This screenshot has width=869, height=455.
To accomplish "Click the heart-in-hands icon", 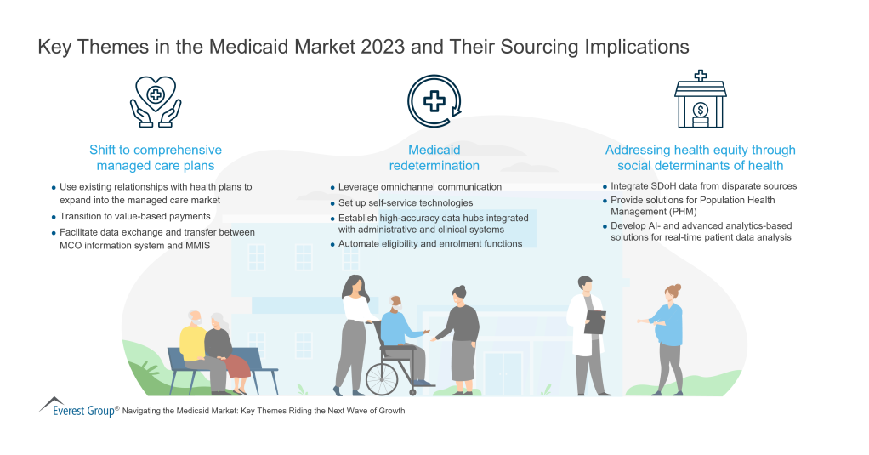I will [156, 101].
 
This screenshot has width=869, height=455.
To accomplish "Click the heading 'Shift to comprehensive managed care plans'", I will [156, 157].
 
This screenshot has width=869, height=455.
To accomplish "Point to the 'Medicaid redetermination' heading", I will [434, 157].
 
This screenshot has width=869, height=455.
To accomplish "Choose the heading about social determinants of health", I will [700, 157].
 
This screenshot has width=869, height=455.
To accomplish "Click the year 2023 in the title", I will [383, 47].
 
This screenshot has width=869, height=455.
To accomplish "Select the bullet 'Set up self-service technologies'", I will [406, 202].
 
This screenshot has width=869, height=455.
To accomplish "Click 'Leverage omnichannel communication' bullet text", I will [420, 186].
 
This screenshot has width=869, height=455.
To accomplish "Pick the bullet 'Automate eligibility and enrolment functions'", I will [429, 244].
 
